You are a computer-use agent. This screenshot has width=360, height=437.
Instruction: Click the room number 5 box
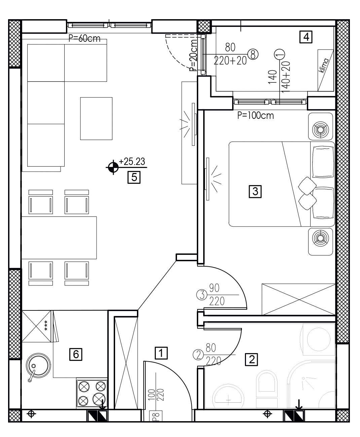[134, 177]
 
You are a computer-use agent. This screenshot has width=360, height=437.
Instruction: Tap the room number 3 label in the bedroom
[255, 191]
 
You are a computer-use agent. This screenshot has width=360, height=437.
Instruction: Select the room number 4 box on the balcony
[306, 37]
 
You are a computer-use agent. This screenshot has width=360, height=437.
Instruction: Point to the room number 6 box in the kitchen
[76, 354]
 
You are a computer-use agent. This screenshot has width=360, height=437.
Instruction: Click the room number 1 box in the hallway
[161, 353]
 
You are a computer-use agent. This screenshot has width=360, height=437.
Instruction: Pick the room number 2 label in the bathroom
[252, 360]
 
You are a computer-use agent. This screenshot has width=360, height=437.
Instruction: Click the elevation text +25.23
[132, 162]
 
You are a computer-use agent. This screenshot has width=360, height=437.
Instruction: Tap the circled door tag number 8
[253, 55]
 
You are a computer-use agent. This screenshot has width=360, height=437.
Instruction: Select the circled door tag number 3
[202, 295]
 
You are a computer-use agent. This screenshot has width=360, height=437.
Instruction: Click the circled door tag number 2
[198, 355]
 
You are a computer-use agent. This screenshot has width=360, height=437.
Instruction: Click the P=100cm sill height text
[255, 115]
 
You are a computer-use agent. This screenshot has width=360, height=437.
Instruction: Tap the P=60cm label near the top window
[84, 38]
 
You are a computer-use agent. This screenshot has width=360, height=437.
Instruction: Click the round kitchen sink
[38, 366]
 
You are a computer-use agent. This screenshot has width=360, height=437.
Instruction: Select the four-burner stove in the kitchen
[92, 393]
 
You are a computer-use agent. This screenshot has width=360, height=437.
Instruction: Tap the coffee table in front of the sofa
[96, 119]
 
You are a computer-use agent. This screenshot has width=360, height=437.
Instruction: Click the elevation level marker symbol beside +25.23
[113, 167]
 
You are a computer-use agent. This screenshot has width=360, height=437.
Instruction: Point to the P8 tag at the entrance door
[156, 416]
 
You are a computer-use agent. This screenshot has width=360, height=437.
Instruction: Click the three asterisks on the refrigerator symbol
[46, 326]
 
